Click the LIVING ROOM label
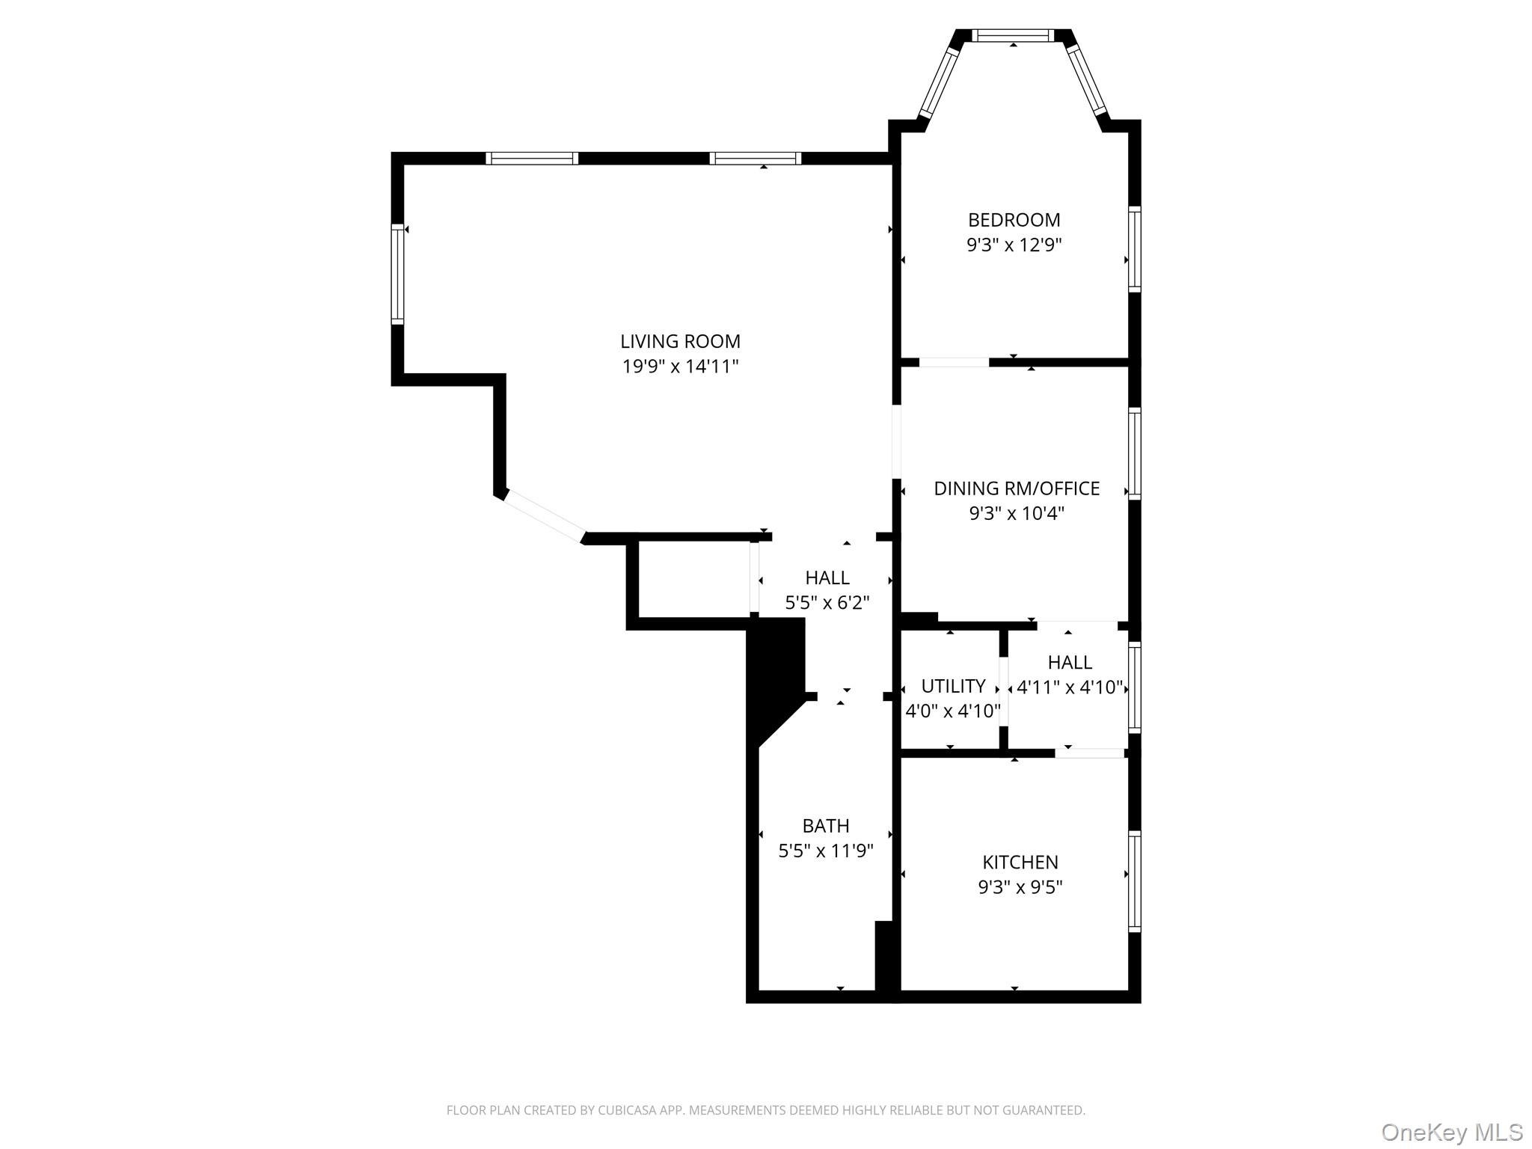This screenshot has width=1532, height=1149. (680, 341)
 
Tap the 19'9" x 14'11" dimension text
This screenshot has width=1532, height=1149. (680, 367)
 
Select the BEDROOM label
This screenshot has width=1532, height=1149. (1014, 220)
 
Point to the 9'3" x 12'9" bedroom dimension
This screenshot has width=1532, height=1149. (1014, 245)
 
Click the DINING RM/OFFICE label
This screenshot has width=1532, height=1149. (1017, 488)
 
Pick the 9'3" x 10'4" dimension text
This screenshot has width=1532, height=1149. (1017, 514)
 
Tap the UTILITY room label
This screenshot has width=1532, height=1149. (952, 686)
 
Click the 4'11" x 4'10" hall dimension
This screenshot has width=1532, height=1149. (1070, 687)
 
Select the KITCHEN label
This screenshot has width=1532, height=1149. (1020, 862)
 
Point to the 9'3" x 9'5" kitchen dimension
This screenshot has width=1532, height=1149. (1020, 887)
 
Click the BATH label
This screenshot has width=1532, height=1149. (825, 826)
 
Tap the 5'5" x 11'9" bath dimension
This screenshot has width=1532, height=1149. (825, 851)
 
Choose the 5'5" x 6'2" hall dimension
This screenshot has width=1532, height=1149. (827, 603)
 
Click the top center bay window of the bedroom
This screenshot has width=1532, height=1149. (1013, 35)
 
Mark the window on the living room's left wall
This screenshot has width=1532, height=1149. (397, 274)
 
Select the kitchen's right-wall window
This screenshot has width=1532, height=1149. (1135, 880)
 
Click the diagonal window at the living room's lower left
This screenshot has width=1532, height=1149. (545, 515)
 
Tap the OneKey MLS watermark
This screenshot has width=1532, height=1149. (1451, 1132)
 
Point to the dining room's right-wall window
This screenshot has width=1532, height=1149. (1135, 453)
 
